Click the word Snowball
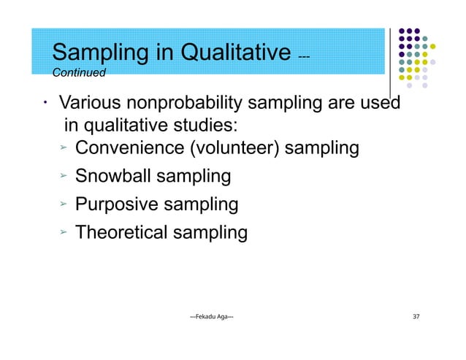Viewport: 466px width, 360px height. (114, 177)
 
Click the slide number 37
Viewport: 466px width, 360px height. (416, 316)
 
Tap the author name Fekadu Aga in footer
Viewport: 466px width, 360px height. (212, 316)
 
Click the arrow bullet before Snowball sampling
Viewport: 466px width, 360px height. (64, 177)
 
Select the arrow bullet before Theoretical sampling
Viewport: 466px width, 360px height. (64, 233)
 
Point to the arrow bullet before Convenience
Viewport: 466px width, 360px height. (64, 149)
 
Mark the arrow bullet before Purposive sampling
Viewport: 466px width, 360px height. (64, 204)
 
